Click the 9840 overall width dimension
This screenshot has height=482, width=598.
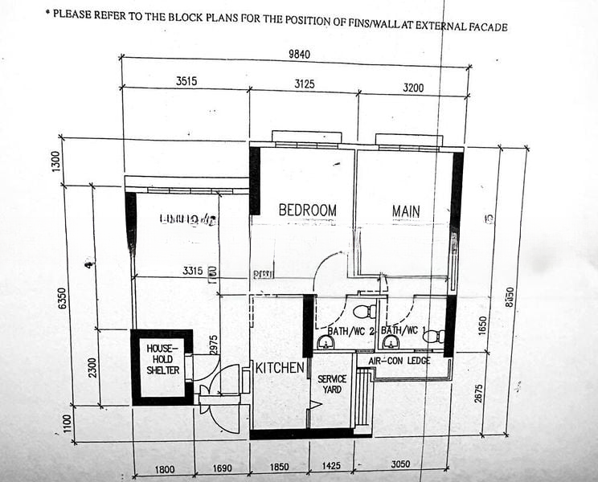coord(299,55)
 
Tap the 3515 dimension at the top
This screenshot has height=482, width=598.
coord(186,80)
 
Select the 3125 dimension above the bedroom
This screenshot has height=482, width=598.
coord(304,84)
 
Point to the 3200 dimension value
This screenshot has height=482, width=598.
coord(413,87)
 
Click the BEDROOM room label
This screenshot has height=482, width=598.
coord(307,210)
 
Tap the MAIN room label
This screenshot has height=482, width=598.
coord(406,211)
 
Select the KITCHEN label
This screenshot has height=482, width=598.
coord(281,369)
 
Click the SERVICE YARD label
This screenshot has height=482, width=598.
coord(331,384)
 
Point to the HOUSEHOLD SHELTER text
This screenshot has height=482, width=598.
coord(162,359)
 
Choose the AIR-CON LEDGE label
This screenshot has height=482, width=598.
coord(399,361)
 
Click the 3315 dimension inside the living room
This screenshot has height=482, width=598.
coord(192,272)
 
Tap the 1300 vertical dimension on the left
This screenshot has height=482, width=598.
coord(55,161)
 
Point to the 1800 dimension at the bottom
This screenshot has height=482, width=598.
coord(164,469)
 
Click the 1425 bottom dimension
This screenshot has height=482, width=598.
coord(331,465)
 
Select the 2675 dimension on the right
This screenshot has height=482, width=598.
coord(480,394)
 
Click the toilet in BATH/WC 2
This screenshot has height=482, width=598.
coord(363,312)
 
